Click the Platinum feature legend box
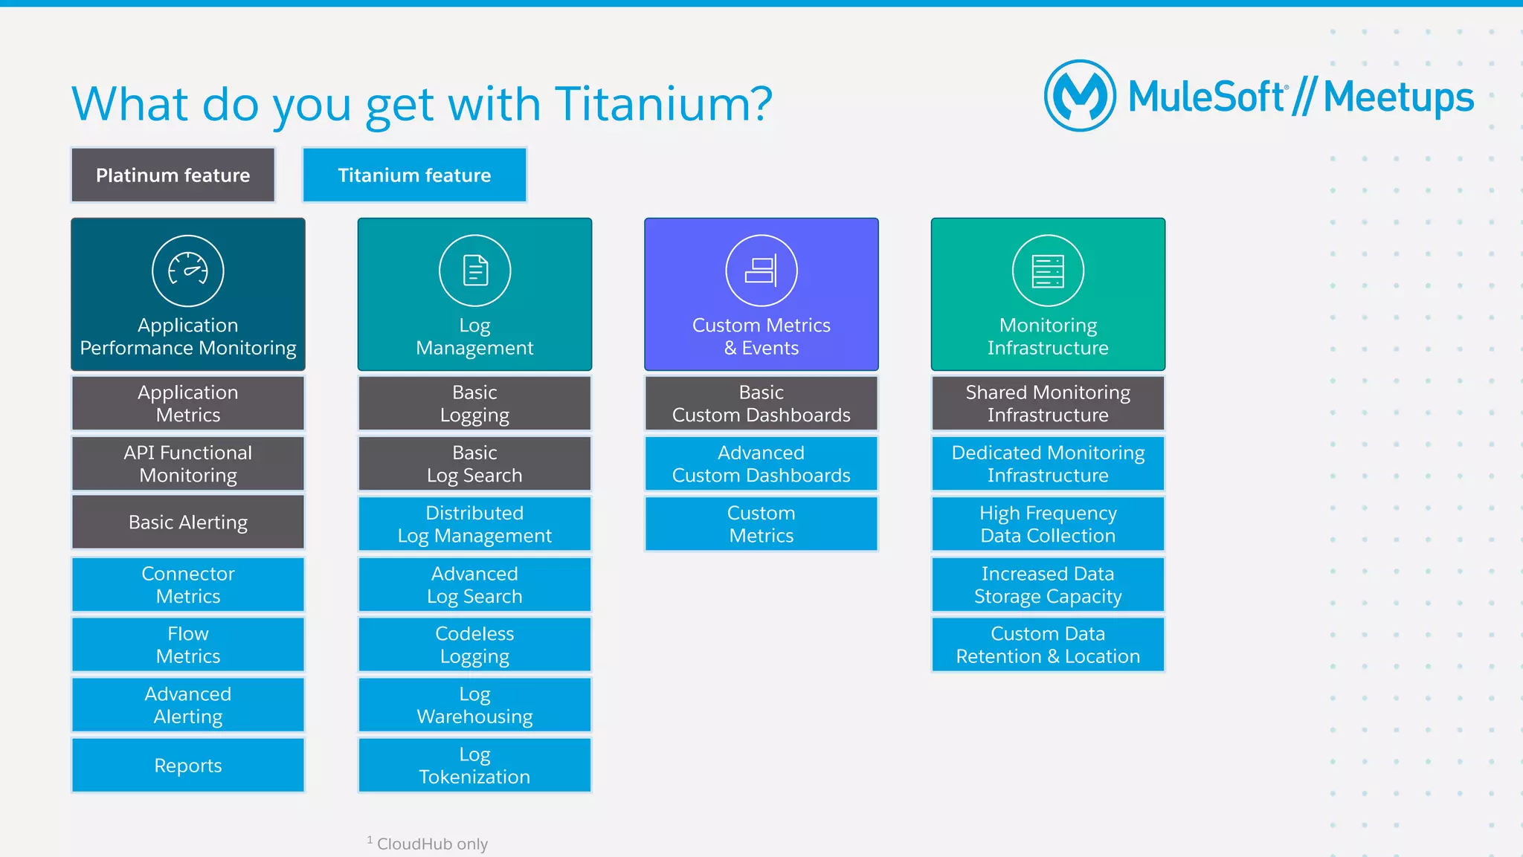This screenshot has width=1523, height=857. point(173,175)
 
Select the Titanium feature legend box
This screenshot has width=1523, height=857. point(414,175)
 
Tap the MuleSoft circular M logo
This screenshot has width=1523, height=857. point(1080,96)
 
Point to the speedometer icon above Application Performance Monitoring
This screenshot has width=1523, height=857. point(188,271)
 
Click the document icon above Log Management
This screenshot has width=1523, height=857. point(474,271)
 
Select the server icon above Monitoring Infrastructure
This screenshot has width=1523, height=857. point(1048,271)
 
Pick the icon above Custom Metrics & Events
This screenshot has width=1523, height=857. point(761,271)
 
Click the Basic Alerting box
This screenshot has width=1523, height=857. point(188,523)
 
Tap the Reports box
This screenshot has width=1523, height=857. point(188,766)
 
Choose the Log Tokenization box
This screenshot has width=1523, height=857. point(474,766)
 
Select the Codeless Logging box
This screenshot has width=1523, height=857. point(474,645)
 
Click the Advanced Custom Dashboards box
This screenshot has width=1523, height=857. point(761,464)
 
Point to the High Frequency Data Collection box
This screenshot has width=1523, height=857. point(1048,524)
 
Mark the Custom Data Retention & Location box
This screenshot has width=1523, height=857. point(1048,645)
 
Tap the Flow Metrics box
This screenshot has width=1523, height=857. point(188,645)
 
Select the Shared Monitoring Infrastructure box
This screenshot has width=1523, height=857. point(1048,404)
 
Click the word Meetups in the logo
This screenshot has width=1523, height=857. point(1398,97)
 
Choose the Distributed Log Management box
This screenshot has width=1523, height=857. point(474,524)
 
